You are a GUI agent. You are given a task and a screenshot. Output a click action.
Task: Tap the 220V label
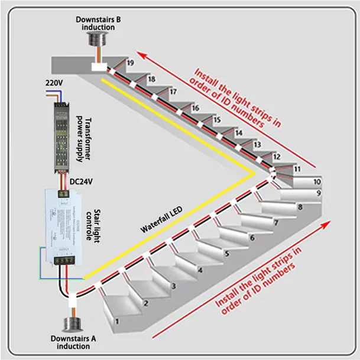click(x=53, y=83)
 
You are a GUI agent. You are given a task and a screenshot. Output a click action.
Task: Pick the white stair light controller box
click(x=61, y=228)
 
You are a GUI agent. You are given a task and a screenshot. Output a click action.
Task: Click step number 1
click(x=118, y=322)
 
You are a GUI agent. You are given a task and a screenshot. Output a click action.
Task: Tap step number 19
click(x=130, y=63)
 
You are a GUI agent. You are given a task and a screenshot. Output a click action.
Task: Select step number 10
click(x=317, y=181)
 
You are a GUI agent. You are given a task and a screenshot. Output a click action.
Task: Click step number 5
click(x=226, y=254)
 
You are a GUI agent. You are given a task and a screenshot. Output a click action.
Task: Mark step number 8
click(x=300, y=207)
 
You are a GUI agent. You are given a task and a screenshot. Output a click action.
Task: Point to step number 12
click(x=276, y=157)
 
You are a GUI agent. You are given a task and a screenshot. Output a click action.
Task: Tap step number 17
click(x=173, y=92)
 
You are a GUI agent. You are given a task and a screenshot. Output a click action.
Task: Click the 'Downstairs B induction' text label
click(x=99, y=23)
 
